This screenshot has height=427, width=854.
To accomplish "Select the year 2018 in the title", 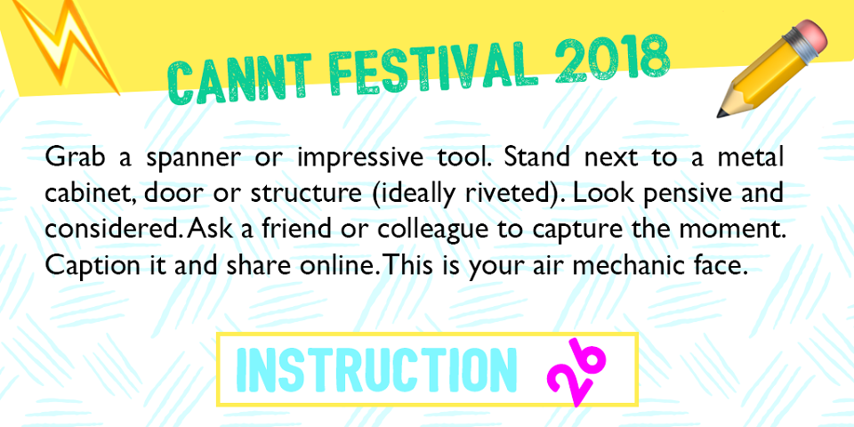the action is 612,61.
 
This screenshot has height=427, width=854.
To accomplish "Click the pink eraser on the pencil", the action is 810,37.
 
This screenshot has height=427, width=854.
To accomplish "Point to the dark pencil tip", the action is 722,112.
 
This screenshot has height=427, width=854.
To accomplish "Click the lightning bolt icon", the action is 65,44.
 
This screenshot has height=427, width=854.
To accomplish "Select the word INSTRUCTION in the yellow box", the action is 376,370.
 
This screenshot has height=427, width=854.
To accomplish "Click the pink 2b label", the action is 576,370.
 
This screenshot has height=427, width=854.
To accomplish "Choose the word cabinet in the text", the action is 91,194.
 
